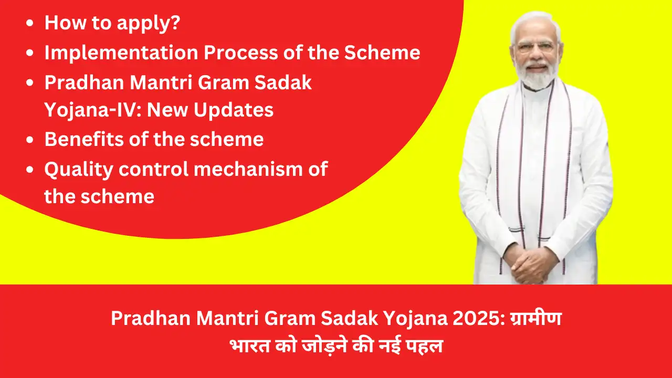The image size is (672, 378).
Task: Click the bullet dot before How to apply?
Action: point(30,23)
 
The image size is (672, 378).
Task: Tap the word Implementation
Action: point(121,52)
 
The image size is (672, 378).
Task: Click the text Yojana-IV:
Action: point(93,110)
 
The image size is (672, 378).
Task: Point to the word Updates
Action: point(234,110)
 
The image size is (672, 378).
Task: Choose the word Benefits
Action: point(84,139)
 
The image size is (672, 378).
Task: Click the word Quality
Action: point(79,170)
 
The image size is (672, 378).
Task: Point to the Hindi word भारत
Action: point(249,345)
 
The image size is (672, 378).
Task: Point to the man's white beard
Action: point(537,75)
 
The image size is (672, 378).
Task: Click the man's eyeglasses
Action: point(536,47)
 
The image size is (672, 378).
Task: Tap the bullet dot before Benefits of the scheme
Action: point(30,140)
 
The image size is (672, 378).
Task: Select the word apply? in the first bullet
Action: point(148,24)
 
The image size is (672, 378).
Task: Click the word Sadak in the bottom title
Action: point(350,318)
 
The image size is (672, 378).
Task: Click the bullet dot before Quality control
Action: point(30,170)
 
